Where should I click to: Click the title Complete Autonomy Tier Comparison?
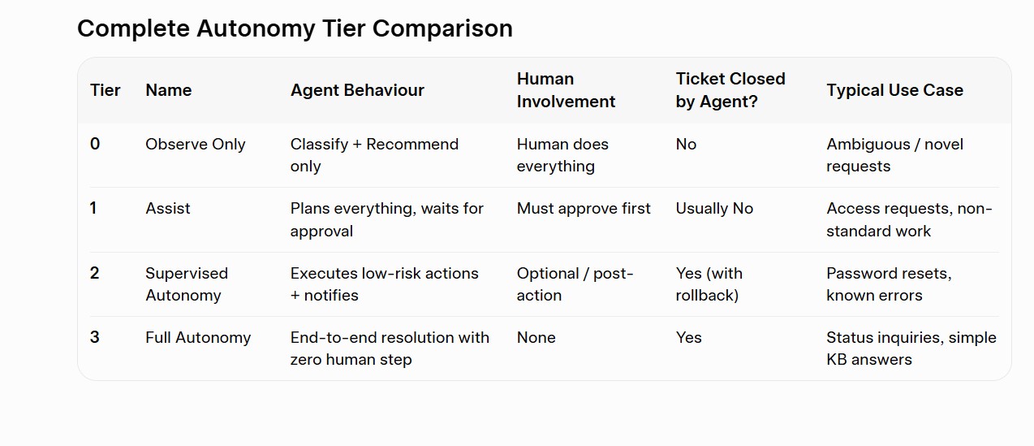[295, 28]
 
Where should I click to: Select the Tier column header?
[105, 90]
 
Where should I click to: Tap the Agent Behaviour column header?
[357, 90]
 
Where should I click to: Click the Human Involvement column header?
[566, 90]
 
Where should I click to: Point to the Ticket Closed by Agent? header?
[730, 90]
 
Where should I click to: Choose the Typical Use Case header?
[894, 90]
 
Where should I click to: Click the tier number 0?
[95, 144]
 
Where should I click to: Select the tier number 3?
[95, 337]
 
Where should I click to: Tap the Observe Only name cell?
[196, 145]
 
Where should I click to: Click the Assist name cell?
[167, 209]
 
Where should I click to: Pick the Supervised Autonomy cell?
[187, 284]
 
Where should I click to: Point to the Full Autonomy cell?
[198, 337]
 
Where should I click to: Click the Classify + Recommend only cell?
[374, 155]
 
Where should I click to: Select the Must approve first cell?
[584, 209]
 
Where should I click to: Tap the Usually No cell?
[714, 209]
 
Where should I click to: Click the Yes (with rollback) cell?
[709, 284]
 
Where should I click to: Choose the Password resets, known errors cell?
[889, 284]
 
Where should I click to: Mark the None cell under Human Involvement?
[536, 337]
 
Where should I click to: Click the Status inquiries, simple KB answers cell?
[911, 349]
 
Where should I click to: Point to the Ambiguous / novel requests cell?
[894, 155]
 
